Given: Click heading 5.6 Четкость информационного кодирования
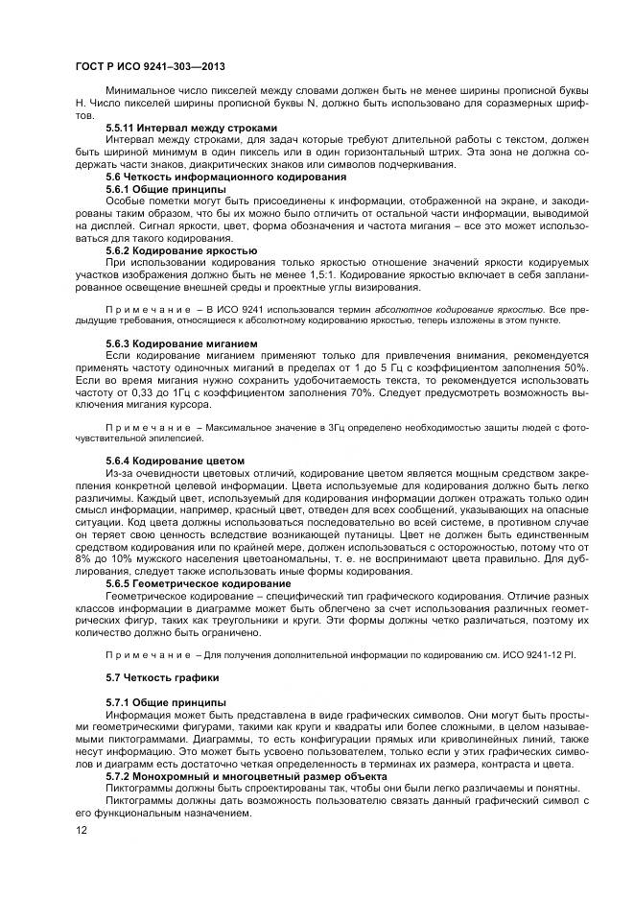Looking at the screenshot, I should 212,177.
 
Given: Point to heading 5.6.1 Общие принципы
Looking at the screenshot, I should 165,189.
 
